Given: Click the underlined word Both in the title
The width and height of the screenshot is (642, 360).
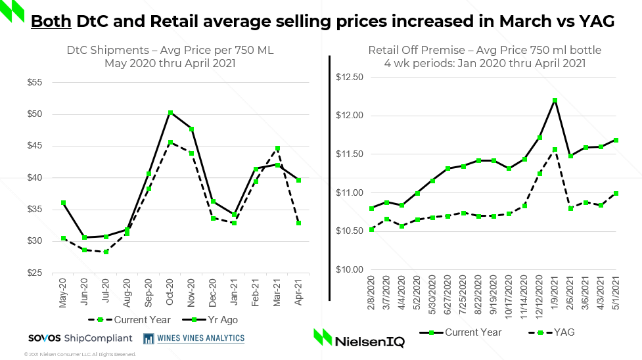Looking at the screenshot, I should [x=51, y=21].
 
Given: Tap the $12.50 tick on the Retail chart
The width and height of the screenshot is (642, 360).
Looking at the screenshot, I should [x=350, y=78].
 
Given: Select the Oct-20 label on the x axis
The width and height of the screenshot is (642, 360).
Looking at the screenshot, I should [x=170, y=291].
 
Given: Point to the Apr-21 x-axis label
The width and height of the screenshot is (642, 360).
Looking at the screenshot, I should [x=298, y=291].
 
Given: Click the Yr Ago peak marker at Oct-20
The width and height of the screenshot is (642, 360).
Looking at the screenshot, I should [x=170, y=113].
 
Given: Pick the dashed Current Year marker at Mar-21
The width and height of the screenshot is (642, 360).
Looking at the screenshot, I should [x=277, y=148].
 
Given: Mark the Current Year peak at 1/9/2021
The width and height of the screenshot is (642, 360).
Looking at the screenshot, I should [x=555, y=101].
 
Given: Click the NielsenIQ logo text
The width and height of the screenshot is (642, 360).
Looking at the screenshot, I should [x=370, y=342].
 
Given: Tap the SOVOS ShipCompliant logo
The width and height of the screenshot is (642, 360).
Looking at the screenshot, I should [x=80, y=338].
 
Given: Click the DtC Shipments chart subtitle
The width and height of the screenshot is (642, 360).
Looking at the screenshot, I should [x=170, y=56].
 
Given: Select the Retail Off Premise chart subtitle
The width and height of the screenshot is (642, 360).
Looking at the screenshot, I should [x=484, y=56].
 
